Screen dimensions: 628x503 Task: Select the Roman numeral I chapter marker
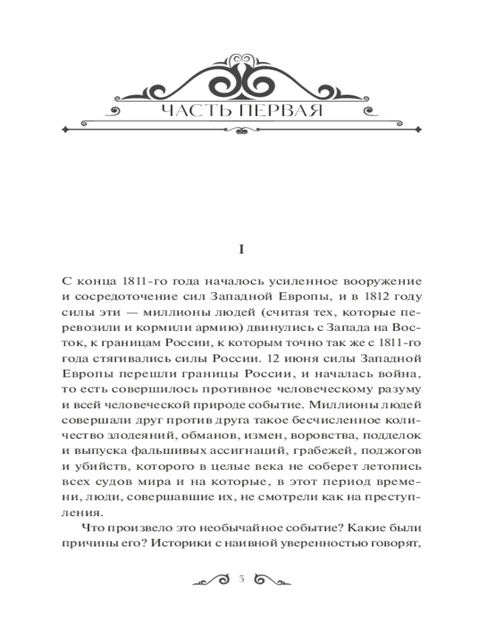(x=241, y=249)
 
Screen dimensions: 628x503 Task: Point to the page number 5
(x=241, y=579)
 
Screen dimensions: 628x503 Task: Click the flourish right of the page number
(x=271, y=579)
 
